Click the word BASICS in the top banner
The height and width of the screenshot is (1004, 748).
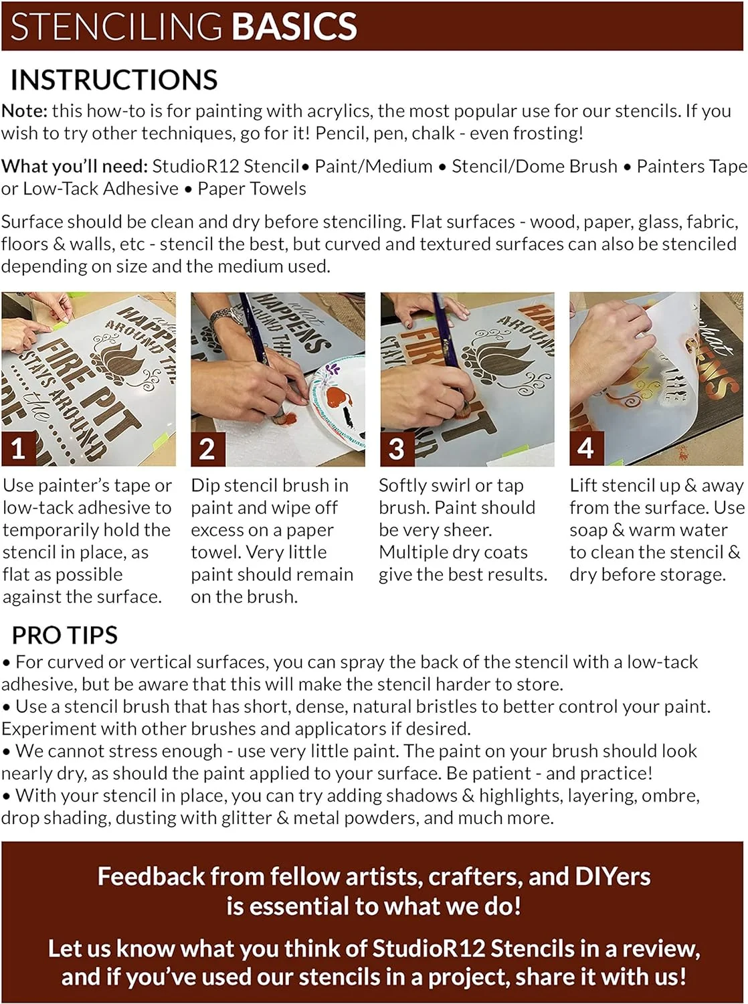[294, 26]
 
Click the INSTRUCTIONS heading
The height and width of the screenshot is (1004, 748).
[114, 80]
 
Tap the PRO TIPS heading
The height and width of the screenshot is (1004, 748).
[65, 635]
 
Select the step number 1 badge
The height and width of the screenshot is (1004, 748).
[19, 448]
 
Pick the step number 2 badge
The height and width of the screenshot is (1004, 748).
[208, 448]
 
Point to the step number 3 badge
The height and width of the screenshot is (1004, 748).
[397, 448]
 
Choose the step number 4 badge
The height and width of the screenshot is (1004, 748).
[586, 448]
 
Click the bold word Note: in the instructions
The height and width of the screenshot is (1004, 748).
[24, 110]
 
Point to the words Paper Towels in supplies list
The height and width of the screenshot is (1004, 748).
[252, 189]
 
